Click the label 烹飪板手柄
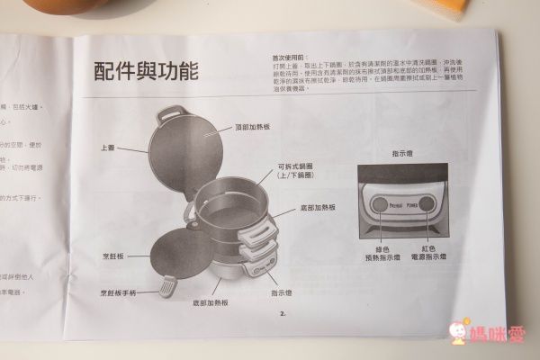coord(121,293)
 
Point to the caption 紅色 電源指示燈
coord(430,249)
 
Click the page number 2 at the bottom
coord(282,314)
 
